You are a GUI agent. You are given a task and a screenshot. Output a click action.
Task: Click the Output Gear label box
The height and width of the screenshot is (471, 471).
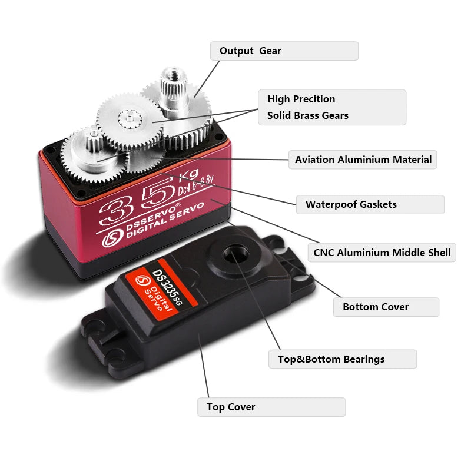(284, 51)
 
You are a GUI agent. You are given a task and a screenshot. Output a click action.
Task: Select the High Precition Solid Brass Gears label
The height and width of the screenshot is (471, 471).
(332, 107)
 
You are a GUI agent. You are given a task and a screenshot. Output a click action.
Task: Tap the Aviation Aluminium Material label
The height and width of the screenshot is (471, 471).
(363, 160)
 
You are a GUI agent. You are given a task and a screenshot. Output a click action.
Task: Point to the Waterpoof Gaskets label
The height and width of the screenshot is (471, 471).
(370, 205)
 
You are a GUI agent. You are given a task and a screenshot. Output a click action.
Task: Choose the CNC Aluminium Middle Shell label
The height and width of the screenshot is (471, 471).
(382, 253)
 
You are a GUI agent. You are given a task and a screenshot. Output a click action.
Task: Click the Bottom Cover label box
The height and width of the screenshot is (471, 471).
(386, 307)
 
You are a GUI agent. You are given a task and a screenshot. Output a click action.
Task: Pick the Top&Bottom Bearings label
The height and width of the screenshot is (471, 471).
(342, 359)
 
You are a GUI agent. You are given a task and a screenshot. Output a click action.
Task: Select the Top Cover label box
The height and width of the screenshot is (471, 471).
(271, 407)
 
